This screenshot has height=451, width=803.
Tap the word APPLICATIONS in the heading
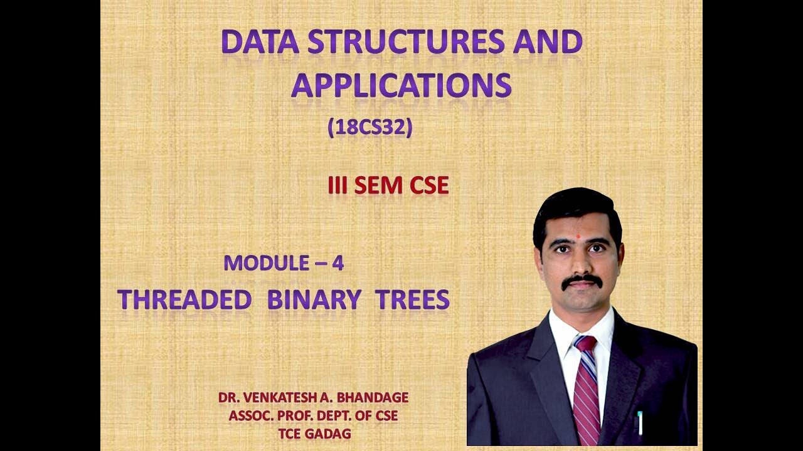tap(401, 86)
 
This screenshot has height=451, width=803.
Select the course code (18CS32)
tap(370, 128)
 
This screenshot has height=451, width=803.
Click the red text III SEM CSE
tap(388, 185)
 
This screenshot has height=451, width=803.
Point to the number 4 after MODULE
tap(338, 263)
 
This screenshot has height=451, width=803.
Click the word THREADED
tap(184, 301)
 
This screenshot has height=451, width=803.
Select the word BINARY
tap(314, 301)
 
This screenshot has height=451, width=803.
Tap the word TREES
tap(412, 301)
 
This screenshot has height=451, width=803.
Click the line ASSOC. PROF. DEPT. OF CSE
tap(313, 415)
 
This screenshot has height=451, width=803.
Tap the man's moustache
tap(582, 281)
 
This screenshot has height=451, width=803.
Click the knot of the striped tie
tap(585, 344)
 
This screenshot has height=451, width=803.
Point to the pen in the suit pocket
tap(640, 423)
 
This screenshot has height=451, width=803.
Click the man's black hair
tap(576, 207)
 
